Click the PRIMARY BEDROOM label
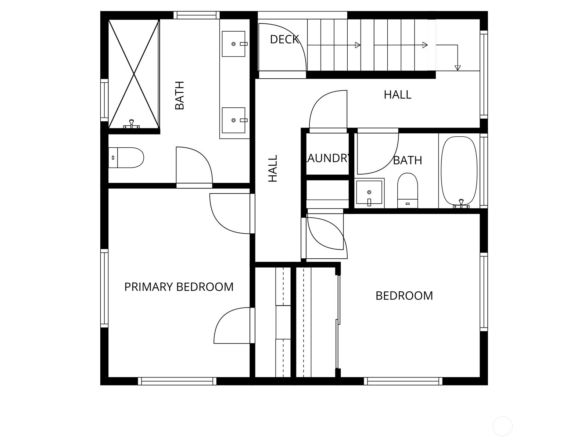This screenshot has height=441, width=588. pyautogui.click(x=179, y=287)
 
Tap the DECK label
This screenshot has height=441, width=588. pyautogui.click(x=284, y=39)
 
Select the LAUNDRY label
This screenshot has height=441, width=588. pyautogui.click(x=327, y=158)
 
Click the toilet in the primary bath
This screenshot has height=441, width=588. pyautogui.click(x=126, y=158)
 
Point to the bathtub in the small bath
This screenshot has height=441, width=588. pyautogui.click(x=459, y=171)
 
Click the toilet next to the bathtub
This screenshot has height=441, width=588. pyautogui.click(x=408, y=190)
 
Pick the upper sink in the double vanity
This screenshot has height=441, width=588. pyautogui.click(x=233, y=44)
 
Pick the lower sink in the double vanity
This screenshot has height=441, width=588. pyautogui.click(x=233, y=120)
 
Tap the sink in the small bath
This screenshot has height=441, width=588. pyautogui.click(x=369, y=193)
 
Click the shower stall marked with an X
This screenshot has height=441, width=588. pyautogui.click(x=134, y=73)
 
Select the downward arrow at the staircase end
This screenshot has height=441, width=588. pyautogui.click(x=458, y=67)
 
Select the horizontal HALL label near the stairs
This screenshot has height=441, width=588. pyautogui.click(x=397, y=95)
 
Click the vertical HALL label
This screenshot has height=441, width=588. pyautogui.click(x=273, y=168)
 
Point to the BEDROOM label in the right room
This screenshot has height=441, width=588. pyautogui.click(x=404, y=295)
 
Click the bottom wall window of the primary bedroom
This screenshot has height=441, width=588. pyautogui.click(x=177, y=381)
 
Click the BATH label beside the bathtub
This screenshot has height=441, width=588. pyautogui.click(x=407, y=160)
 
